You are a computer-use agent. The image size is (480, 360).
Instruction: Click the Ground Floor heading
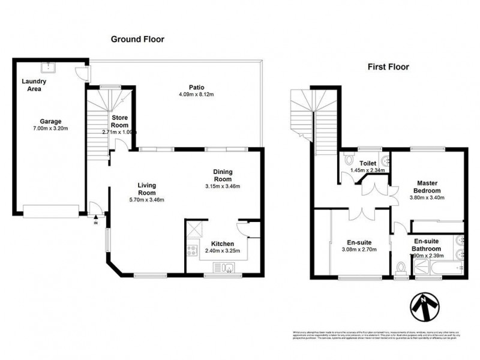coord(137,40)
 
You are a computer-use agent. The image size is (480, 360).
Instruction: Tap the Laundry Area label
coord(34,85)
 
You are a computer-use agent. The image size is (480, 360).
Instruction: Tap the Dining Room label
coord(223,175)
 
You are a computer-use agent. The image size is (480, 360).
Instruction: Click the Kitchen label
coord(222,244)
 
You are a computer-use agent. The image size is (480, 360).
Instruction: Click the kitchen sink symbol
coord(229,268)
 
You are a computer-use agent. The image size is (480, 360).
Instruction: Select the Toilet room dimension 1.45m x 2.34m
coord(367,170)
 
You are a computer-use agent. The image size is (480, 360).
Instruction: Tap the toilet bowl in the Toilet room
coord(349,161)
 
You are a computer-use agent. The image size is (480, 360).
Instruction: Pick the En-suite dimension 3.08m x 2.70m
coord(359,250)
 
